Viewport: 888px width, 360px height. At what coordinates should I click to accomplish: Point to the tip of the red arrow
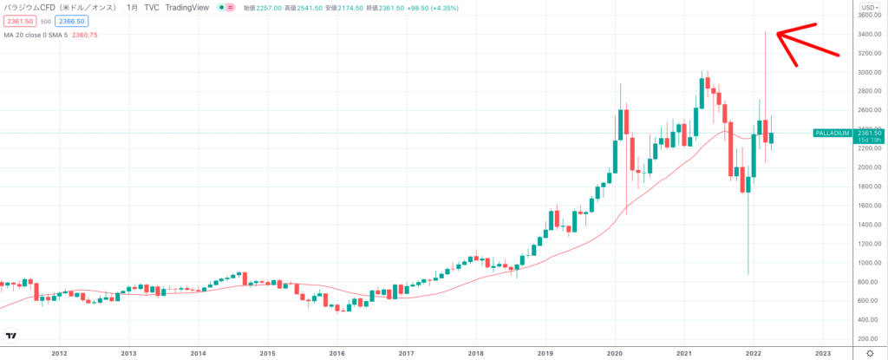click(777, 33)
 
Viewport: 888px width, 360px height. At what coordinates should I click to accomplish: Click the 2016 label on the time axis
click(336, 353)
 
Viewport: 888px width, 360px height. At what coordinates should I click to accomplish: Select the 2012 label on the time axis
click(59, 353)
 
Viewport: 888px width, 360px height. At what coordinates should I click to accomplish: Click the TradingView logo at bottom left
click(12, 336)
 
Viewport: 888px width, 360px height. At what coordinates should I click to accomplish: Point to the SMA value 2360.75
click(84, 34)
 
